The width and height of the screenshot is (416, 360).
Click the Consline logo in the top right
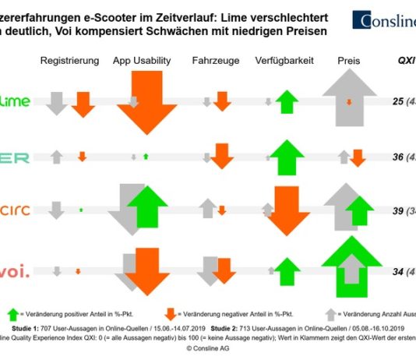coord(383,20)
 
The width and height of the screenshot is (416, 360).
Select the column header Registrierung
coord(69,60)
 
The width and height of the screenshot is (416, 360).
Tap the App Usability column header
coord(144,60)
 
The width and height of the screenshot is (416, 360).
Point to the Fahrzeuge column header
coord(216,60)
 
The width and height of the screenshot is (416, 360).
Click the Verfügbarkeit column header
coord(286,60)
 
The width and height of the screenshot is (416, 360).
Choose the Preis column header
coord(348,60)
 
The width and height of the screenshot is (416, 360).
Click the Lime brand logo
coord(16,101)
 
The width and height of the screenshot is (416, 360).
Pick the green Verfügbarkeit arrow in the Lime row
coord(287,101)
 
